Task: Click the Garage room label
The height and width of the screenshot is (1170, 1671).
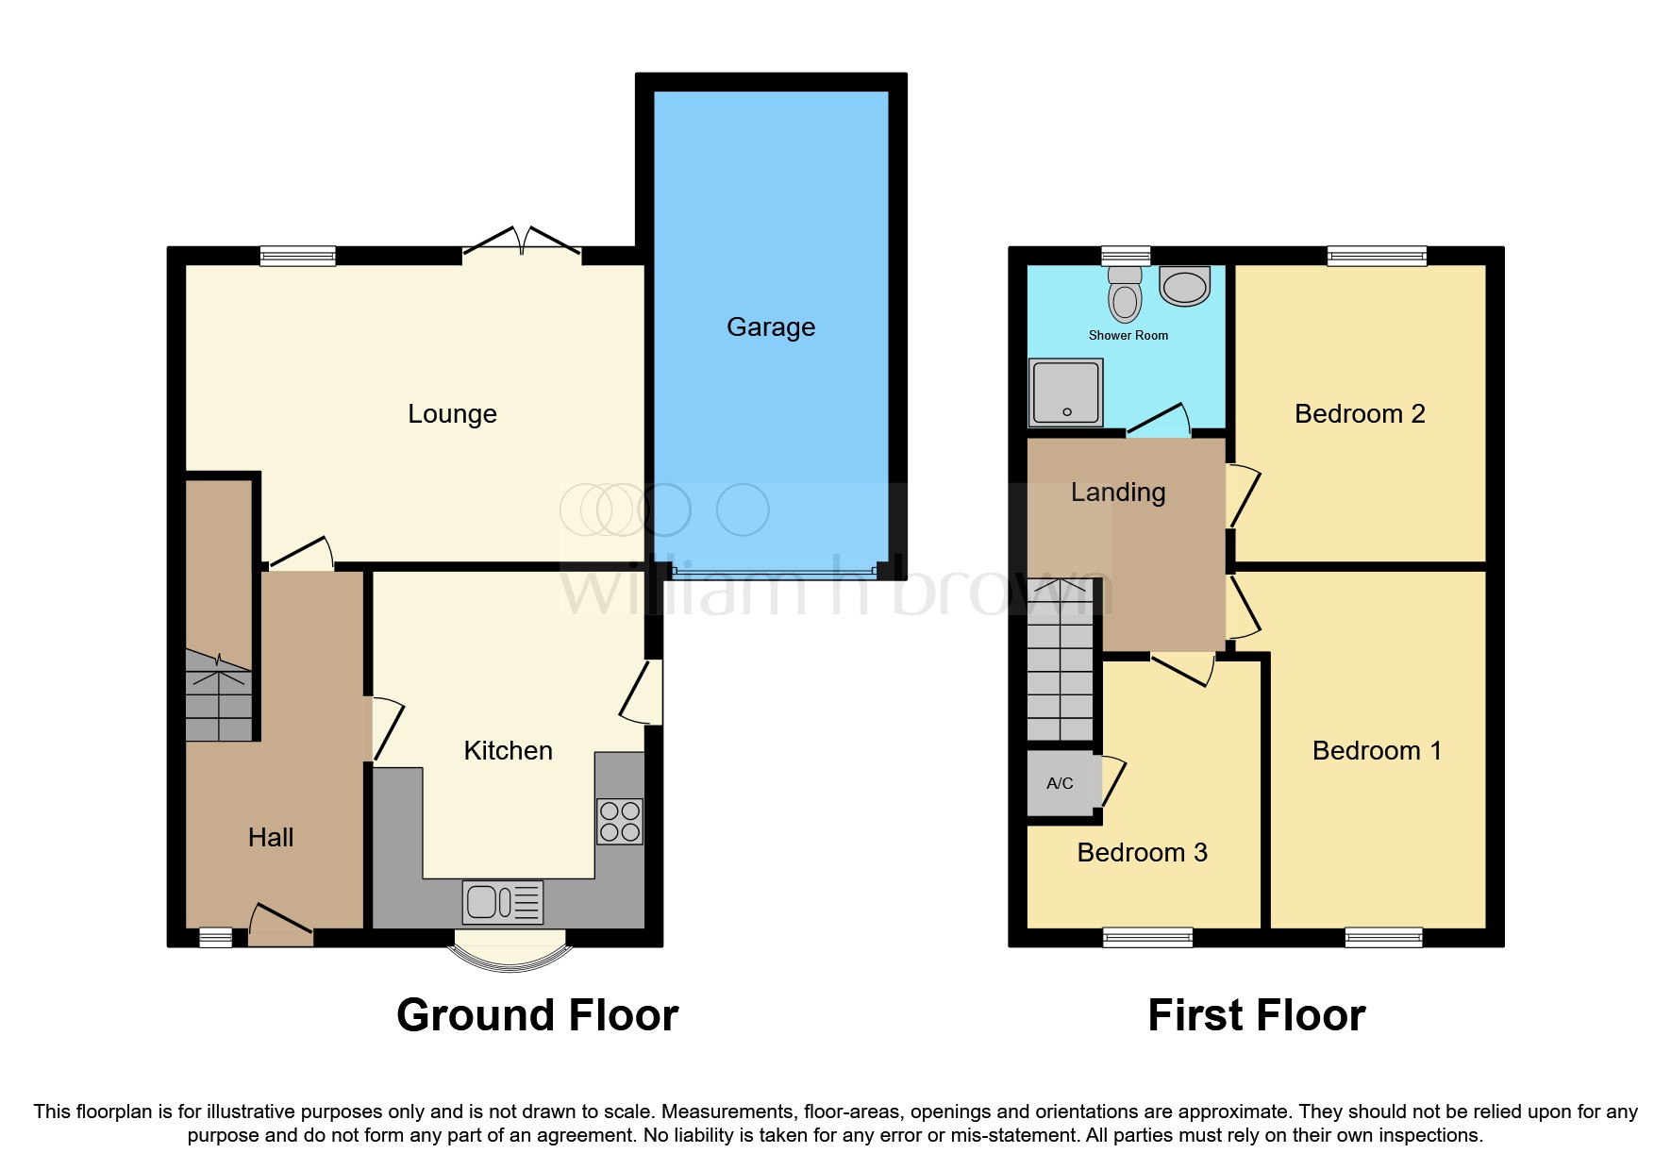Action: click(x=771, y=327)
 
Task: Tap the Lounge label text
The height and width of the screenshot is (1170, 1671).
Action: click(x=452, y=414)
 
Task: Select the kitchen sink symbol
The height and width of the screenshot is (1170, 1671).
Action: click(x=503, y=902)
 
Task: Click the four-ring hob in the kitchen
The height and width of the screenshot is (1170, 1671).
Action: click(x=620, y=821)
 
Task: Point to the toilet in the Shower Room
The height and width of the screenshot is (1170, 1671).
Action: click(x=1125, y=294)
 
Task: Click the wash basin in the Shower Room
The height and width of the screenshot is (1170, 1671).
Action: click(x=1184, y=286)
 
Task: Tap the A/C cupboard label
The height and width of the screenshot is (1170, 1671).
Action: click(x=1060, y=783)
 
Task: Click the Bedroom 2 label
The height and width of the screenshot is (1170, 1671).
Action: click(x=1360, y=414)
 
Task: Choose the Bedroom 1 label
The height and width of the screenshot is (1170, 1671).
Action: click(x=1377, y=751)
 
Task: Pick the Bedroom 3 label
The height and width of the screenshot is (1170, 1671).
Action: click(x=1142, y=853)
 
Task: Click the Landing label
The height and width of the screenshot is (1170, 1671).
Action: click(x=1118, y=493)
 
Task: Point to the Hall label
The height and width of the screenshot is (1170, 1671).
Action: click(x=271, y=838)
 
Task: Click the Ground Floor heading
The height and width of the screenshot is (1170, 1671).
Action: click(x=537, y=1016)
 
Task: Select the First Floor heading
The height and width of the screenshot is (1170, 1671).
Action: click(x=1256, y=1016)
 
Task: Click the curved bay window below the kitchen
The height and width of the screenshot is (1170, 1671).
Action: click(x=510, y=953)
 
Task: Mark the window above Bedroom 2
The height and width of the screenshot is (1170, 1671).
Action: click(x=1377, y=256)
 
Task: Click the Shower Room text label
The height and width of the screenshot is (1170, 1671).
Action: click(x=1128, y=336)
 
